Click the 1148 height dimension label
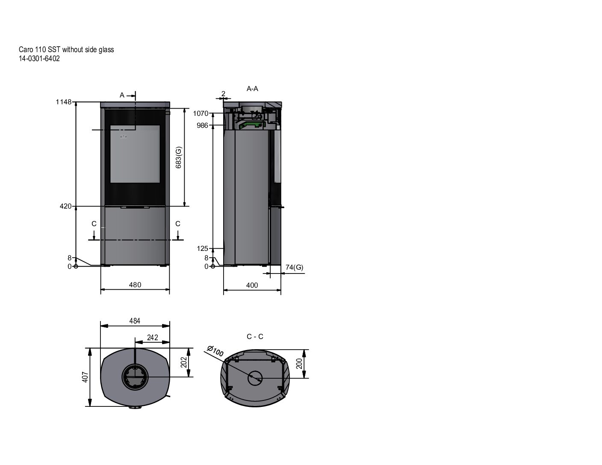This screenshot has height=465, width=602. click(63, 102)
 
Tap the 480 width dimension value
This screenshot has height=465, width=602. click(135, 285)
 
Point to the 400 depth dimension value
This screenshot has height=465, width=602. click(252, 285)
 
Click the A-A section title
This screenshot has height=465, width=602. click(252, 88)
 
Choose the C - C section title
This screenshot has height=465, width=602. click(255, 336)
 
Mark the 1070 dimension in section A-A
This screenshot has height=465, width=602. click(201, 113)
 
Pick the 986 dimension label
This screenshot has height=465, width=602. click(202, 126)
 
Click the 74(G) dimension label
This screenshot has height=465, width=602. click(294, 267)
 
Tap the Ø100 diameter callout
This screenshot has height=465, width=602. click(215, 351)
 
